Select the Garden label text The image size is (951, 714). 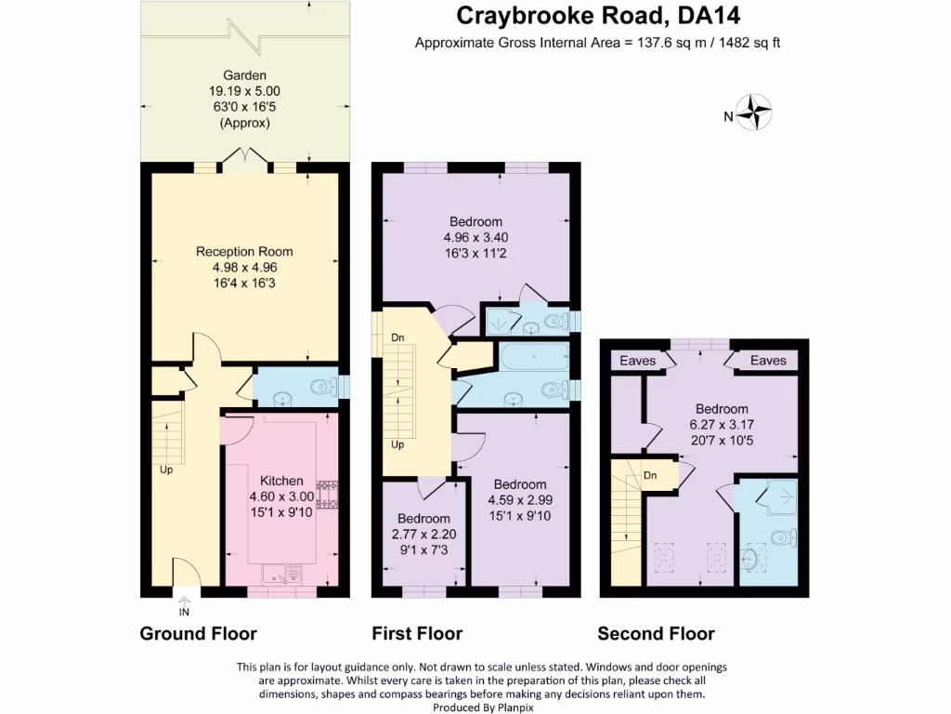(244, 75)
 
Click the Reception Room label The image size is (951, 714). (244, 251)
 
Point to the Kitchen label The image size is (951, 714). (281, 481)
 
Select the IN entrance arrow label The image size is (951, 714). (184, 611)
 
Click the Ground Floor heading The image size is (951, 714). (198, 634)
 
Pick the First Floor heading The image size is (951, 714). (417, 634)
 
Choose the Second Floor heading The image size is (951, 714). (656, 634)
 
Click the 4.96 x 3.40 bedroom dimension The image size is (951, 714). (475, 237)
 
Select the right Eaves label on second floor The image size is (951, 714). (768, 361)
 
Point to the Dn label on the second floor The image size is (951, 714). (650, 475)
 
